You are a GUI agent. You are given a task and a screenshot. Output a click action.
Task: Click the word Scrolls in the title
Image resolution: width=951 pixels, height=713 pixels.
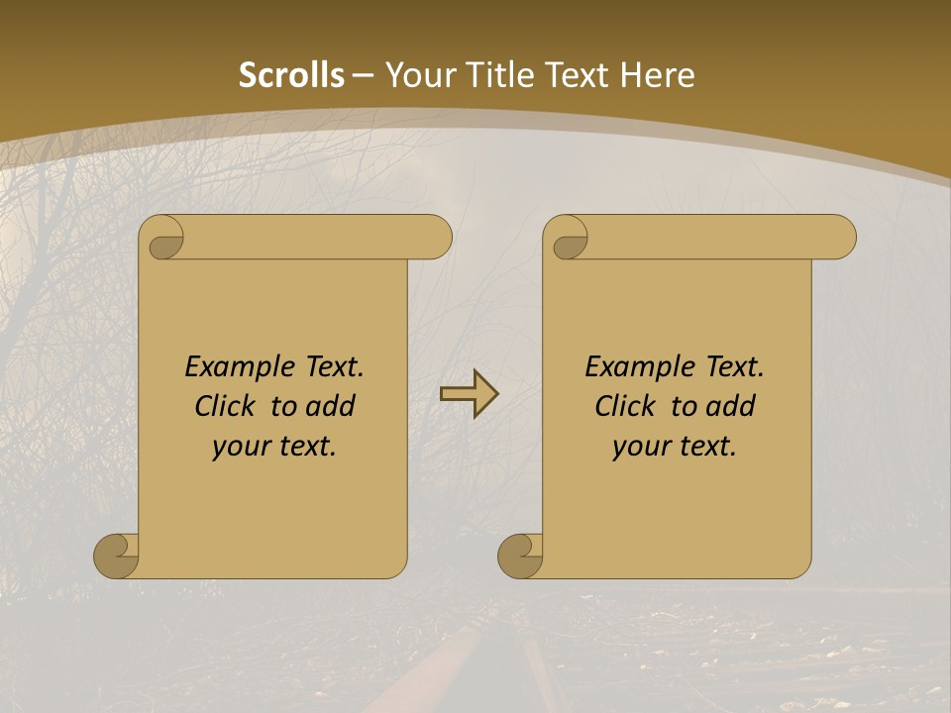291,75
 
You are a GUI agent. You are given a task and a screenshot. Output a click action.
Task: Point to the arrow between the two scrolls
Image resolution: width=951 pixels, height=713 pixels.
469,393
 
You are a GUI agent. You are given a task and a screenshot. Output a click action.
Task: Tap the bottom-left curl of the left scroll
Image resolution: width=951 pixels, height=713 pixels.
116,555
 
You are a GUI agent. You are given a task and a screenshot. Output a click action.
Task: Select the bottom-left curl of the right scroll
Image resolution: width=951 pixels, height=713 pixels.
520,555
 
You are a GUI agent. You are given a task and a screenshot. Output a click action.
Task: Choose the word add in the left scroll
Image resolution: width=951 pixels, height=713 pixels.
332,406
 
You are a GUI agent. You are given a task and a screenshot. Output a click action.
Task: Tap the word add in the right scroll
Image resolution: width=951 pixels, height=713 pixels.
732,406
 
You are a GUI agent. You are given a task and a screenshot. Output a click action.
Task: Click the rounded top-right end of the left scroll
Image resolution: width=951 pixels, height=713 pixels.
436,238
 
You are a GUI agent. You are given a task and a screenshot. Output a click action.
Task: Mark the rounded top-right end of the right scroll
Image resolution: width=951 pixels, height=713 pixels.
840,238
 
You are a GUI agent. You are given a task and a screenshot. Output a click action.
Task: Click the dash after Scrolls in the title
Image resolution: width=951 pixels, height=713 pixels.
364,76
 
